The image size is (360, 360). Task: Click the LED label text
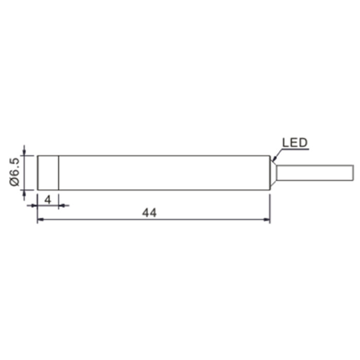point(295,143)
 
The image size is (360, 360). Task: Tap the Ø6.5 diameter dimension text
point(14,172)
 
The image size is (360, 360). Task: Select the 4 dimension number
point(47,200)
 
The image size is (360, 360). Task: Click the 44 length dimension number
point(149,213)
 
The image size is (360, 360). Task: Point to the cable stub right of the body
point(315,173)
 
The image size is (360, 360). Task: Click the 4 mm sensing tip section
point(48,173)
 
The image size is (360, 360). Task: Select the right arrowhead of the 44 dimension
point(267,220)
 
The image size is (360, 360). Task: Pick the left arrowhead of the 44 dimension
point(41,220)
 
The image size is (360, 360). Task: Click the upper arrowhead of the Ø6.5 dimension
point(25,153)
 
